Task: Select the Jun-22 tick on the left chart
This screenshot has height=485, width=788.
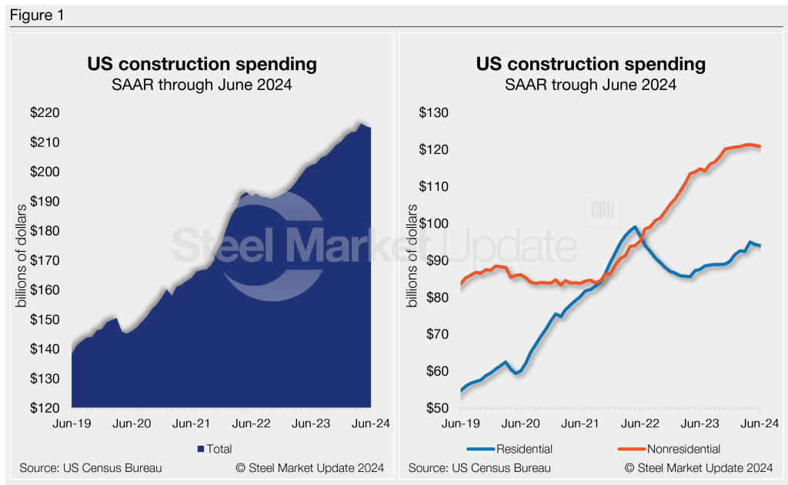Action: click(251, 423)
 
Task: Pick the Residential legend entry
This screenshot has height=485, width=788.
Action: click(524, 449)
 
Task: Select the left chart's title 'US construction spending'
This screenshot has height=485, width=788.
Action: click(202, 64)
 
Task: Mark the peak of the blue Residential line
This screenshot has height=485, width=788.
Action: click(634, 227)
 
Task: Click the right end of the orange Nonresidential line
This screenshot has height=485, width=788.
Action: click(760, 147)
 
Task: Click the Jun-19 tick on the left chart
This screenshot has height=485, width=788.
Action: click(72, 423)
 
